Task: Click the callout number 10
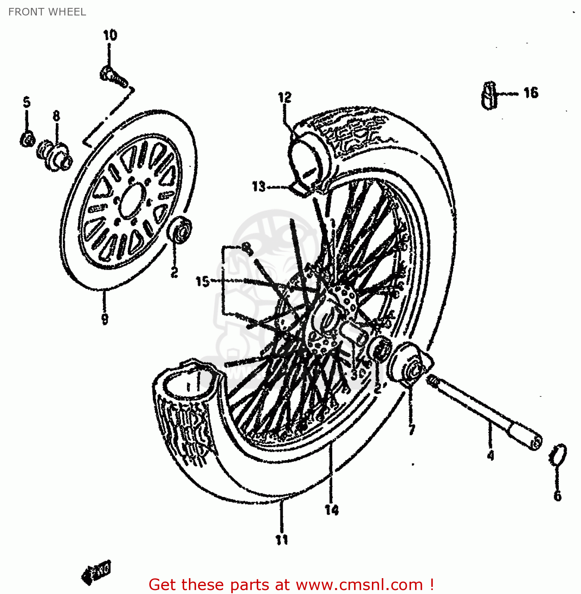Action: click(x=110, y=36)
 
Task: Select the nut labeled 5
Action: click(x=27, y=139)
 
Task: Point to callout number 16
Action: click(x=531, y=93)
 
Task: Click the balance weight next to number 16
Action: click(x=489, y=95)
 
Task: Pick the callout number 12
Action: click(x=284, y=97)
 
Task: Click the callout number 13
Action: click(x=259, y=187)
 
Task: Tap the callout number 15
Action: click(x=202, y=282)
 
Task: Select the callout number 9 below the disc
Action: click(x=105, y=318)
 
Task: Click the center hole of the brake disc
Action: click(x=130, y=202)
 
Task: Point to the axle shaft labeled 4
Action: click(x=483, y=412)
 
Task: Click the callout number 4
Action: click(x=490, y=456)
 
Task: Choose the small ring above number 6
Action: click(x=558, y=455)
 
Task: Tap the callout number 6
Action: click(x=557, y=496)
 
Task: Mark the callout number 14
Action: click(x=331, y=510)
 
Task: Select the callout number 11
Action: click(x=282, y=539)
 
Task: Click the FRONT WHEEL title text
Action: click(x=47, y=12)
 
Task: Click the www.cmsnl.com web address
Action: click(x=359, y=584)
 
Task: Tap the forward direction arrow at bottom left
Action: click(x=96, y=572)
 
